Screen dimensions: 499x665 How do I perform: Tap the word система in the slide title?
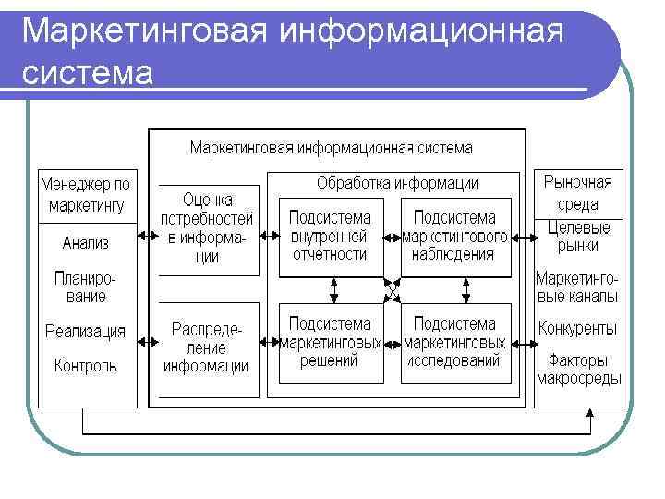(x=87, y=72)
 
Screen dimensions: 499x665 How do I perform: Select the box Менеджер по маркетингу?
(x=85, y=195)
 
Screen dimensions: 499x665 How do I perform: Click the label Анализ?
(x=85, y=244)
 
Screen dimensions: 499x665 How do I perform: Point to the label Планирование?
(x=85, y=287)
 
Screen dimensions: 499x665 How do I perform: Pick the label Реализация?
(x=85, y=331)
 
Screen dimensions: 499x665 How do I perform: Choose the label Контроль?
(x=85, y=365)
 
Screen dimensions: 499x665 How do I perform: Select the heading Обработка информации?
(x=397, y=183)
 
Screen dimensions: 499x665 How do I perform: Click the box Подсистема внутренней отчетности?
(x=330, y=237)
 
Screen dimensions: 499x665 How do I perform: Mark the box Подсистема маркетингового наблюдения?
(x=455, y=237)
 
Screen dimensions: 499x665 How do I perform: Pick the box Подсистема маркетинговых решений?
(x=330, y=343)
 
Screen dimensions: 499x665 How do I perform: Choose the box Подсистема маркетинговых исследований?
(x=455, y=343)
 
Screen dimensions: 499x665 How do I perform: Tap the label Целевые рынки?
(x=578, y=237)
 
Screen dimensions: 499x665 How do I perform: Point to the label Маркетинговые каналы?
(x=578, y=287)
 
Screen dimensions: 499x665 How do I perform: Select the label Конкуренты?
(x=578, y=328)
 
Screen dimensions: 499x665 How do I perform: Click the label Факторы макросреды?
(x=578, y=370)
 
